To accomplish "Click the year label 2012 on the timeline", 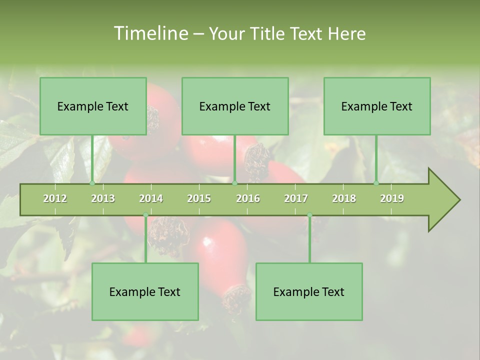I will coord(55,198).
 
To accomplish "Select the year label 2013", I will coord(103,198).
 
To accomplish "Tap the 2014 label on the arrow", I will coord(151,198).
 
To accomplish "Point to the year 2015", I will coord(199,198).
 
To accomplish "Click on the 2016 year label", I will coord(248,198).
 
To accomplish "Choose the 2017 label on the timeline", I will coord(296,198).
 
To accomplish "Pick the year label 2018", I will coord(344,198).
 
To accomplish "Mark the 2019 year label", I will coord(392,198).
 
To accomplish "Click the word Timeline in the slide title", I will coord(149,33).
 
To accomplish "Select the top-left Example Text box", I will coord(93,106).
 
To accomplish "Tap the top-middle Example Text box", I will coord(235,106).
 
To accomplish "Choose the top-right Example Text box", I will coord(377,106).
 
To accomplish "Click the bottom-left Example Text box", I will coord(145,291).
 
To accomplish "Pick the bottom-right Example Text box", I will coord(309,291).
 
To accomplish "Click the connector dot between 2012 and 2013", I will coord(92,183).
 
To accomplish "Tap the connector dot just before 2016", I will coord(235,183).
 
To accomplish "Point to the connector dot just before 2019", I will coord(376,183).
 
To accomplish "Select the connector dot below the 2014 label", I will coord(145,215).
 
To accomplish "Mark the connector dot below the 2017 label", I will coord(309,215).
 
